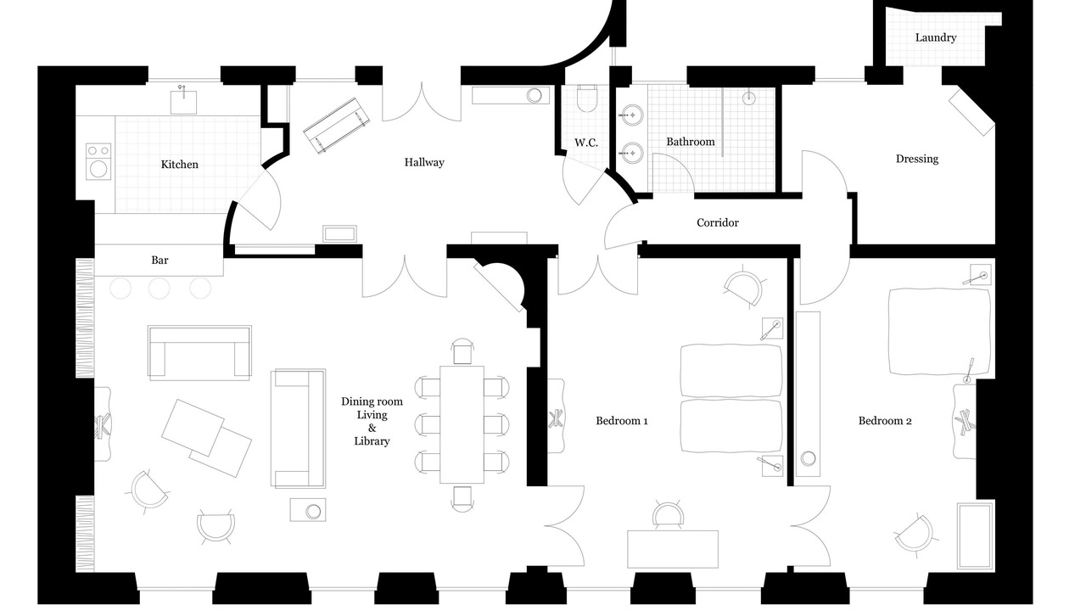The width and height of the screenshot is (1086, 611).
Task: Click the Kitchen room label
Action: pos(179,165)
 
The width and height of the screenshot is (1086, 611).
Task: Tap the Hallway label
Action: pos(424,162)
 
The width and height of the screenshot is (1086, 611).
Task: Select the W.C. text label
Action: pos(586,143)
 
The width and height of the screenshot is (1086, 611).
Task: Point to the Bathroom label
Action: pos(691,142)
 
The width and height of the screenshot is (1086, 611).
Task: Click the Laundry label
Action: pos(936,37)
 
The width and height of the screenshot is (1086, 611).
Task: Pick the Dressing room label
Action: pos(917,159)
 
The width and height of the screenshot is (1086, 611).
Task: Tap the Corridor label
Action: pos(718,222)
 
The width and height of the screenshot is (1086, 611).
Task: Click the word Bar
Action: pos(160,261)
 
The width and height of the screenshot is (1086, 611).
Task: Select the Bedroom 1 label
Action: pos(622,421)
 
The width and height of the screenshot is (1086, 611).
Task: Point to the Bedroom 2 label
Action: pos(885,421)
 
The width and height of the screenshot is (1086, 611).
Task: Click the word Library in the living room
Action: pos(372,441)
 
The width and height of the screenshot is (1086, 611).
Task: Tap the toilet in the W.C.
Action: pos(586,98)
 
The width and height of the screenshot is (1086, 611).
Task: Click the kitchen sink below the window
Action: pos(184,101)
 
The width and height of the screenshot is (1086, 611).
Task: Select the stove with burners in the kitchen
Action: pos(98,161)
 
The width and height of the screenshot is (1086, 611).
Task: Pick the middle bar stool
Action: pos(159,289)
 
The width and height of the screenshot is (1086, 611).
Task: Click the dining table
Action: pos(462,425)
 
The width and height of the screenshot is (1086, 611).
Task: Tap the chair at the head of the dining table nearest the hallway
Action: pos(462,351)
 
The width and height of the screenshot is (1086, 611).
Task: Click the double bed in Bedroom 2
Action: pos(939,332)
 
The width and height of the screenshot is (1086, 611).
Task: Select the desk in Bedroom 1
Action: pos(673,549)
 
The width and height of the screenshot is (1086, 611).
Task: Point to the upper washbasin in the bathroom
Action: pos(632,115)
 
